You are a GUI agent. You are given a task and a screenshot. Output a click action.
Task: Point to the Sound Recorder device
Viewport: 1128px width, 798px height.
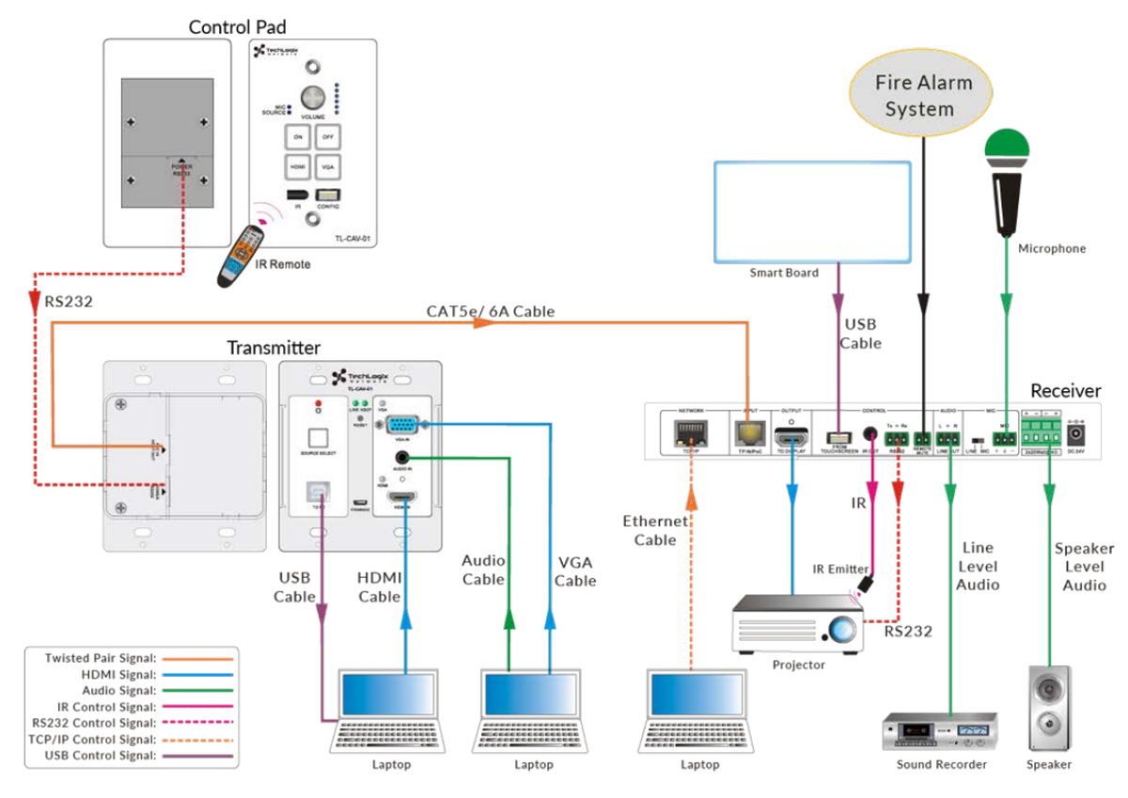click(940, 730)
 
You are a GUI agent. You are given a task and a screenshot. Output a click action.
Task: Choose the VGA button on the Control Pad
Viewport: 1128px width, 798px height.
click(326, 167)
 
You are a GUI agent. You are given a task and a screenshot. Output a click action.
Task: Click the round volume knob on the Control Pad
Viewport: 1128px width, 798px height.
click(312, 97)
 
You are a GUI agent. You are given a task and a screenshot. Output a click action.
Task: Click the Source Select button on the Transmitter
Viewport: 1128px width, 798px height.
click(318, 438)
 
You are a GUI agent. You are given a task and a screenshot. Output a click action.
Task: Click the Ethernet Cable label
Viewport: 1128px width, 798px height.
click(655, 530)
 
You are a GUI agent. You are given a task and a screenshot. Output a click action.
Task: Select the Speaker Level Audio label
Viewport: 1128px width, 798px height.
click(1084, 566)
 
